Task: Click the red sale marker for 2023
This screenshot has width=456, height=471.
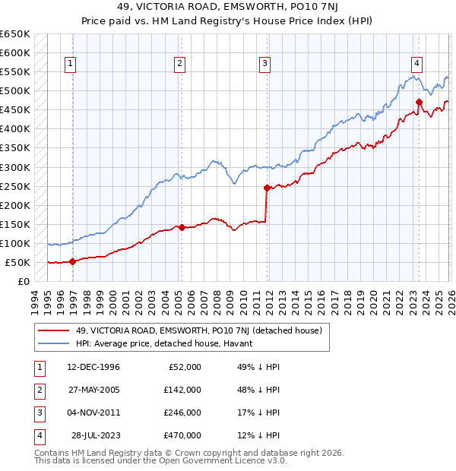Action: click(419, 102)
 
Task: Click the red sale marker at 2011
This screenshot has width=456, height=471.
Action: click(267, 188)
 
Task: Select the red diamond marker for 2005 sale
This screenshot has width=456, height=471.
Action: click(182, 227)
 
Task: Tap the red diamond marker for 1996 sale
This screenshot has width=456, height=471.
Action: click(72, 261)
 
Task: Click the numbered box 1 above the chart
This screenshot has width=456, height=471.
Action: click(70, 65)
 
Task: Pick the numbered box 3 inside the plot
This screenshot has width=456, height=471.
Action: click(264, 65)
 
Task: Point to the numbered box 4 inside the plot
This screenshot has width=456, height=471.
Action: click(417, 65)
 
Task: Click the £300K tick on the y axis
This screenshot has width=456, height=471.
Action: click(15, 167)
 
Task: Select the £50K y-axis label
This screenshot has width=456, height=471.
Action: click(17, 262)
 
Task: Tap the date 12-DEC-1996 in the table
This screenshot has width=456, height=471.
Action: click(94, 366)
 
